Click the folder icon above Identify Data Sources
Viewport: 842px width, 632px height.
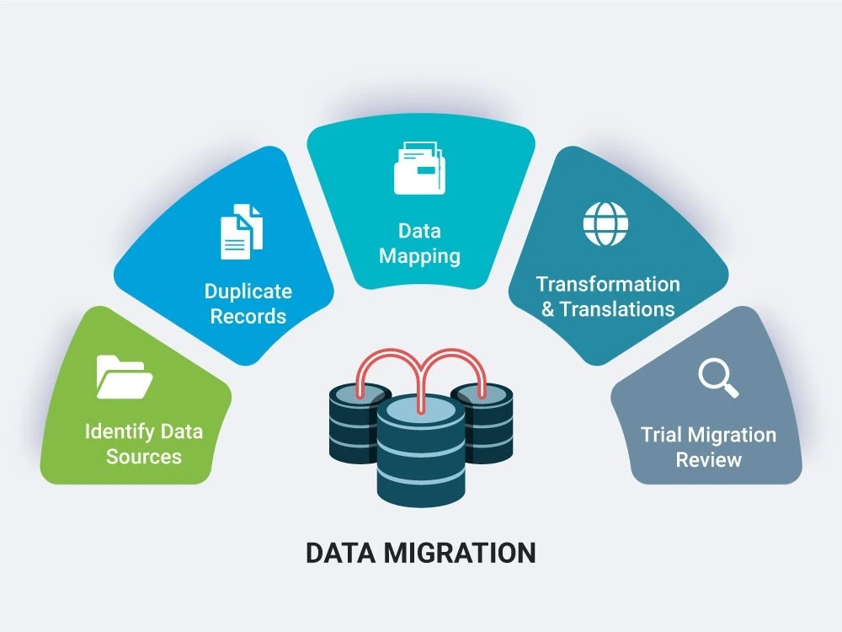pos(124,377)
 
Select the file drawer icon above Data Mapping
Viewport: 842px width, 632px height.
pos(419,169)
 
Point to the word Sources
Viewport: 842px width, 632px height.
pos(144,457)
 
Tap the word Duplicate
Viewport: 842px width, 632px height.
pos(248,292)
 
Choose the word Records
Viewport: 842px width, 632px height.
pos(248,317)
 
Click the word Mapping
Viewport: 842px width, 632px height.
pos(419,256)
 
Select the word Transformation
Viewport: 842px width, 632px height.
pos(608,284)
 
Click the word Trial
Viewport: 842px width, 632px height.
pos(661,435)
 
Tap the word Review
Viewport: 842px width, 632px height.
pos(708,460)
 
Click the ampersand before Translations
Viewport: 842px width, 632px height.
pos(548,309)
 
